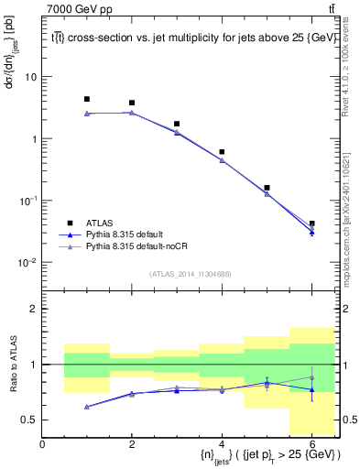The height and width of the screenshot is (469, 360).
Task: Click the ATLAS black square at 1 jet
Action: pyautogui.click(x=87, y=99)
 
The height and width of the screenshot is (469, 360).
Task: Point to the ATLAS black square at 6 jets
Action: pyautogui.click(x=311, y=224)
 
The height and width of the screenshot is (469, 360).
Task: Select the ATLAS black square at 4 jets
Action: pyautogui.click(x=222, y=152)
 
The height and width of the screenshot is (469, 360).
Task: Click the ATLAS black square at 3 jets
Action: pyautogui.click(x=177, y=124)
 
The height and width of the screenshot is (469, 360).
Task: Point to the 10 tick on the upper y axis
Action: pyautogui.click(x=29, y=77)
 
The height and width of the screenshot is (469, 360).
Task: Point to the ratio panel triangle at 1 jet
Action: pyautogui.click(x=87, y=407)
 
